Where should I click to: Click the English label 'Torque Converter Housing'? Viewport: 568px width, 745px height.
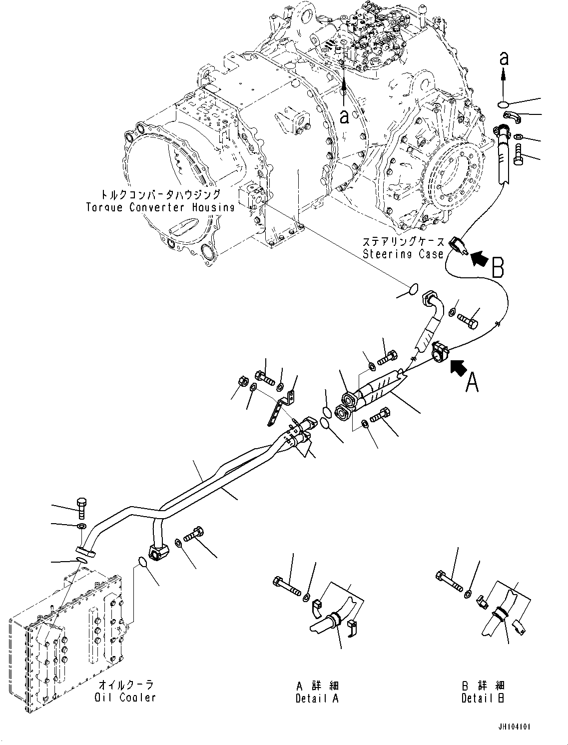click(160, 207)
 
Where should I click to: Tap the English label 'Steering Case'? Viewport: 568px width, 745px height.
click(403, 254)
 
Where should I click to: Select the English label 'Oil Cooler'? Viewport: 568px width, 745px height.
click(125, 697)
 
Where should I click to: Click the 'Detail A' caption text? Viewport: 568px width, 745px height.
click(317, 698)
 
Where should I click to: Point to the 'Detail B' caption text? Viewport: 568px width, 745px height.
click(483, 698)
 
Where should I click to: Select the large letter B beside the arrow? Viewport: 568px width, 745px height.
click(498, 268)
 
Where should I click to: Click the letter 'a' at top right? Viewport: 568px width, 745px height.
click(504, 59)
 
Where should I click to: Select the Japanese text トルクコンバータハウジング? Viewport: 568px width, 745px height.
click(160, 194)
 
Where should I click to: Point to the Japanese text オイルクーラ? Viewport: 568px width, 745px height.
click(125, 685)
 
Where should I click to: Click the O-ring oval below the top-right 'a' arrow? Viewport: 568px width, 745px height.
click(504, 104)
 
